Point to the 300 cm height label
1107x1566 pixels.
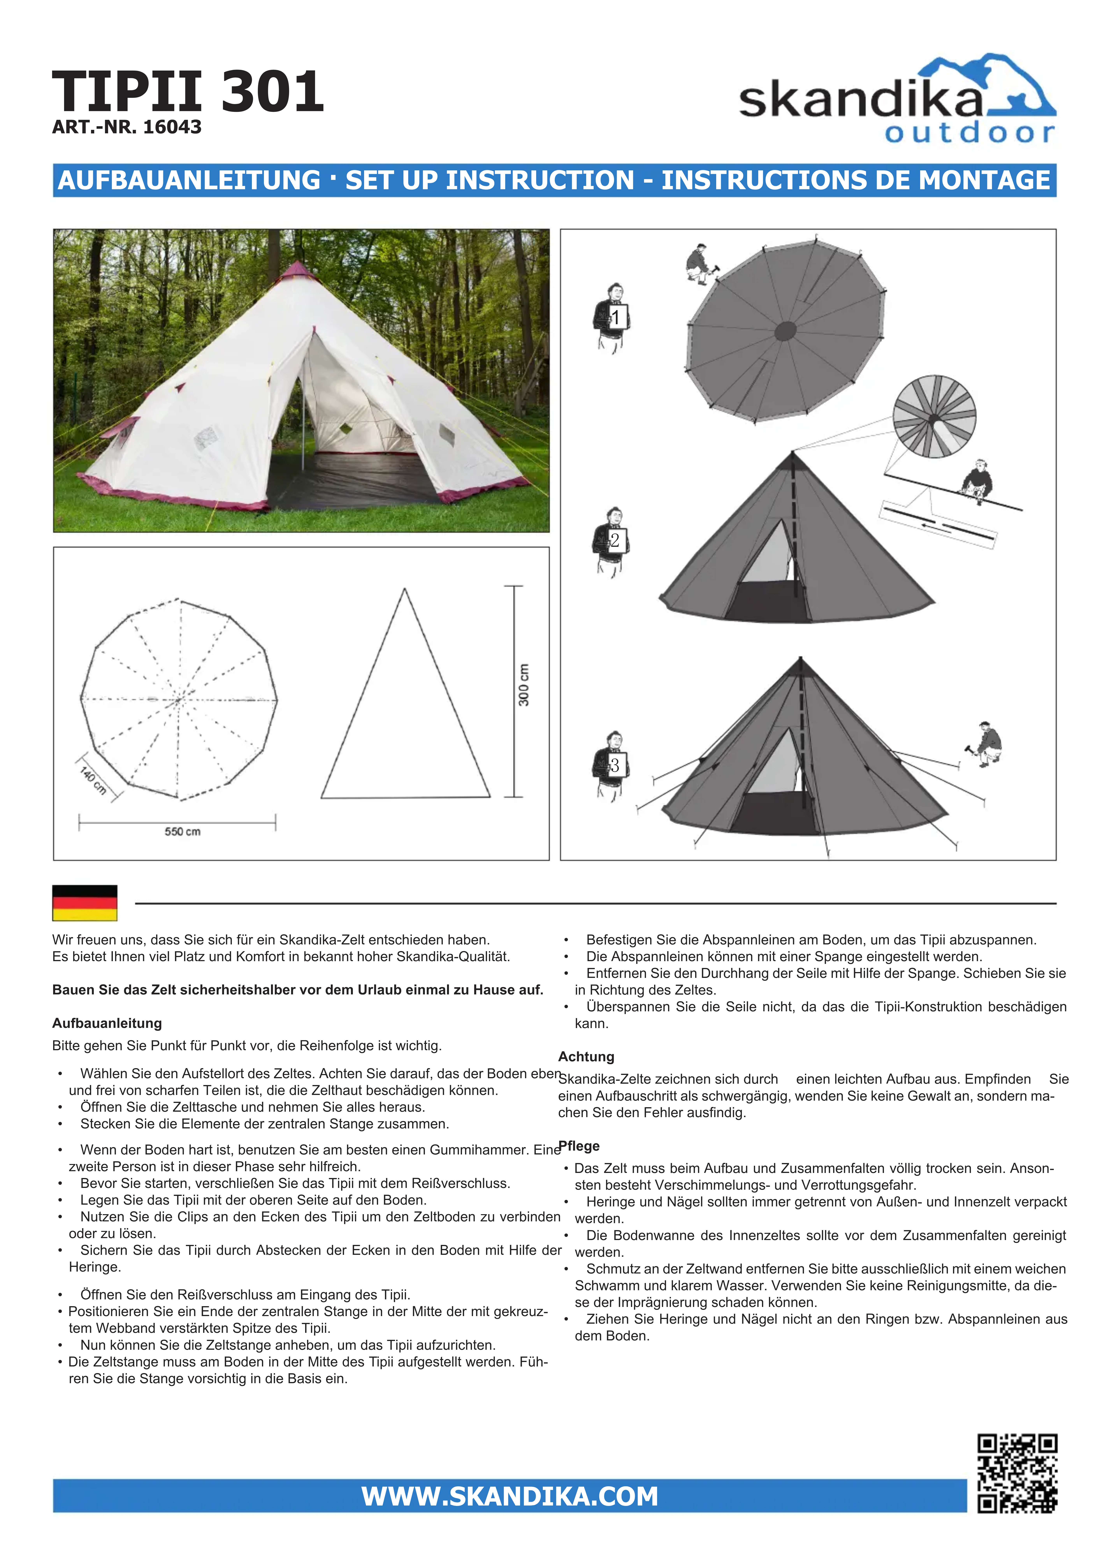click(x=524, y=685)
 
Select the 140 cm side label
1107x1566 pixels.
click(x=93, y=780)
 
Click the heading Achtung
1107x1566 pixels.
click(x=586, y=1056)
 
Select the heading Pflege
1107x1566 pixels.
click(x=579, y=1146)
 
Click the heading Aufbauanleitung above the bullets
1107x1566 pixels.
click(x=107, y=1023)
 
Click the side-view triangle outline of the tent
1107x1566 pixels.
click(x=405, y=709)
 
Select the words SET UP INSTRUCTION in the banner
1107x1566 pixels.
click(x=490, y=180)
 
